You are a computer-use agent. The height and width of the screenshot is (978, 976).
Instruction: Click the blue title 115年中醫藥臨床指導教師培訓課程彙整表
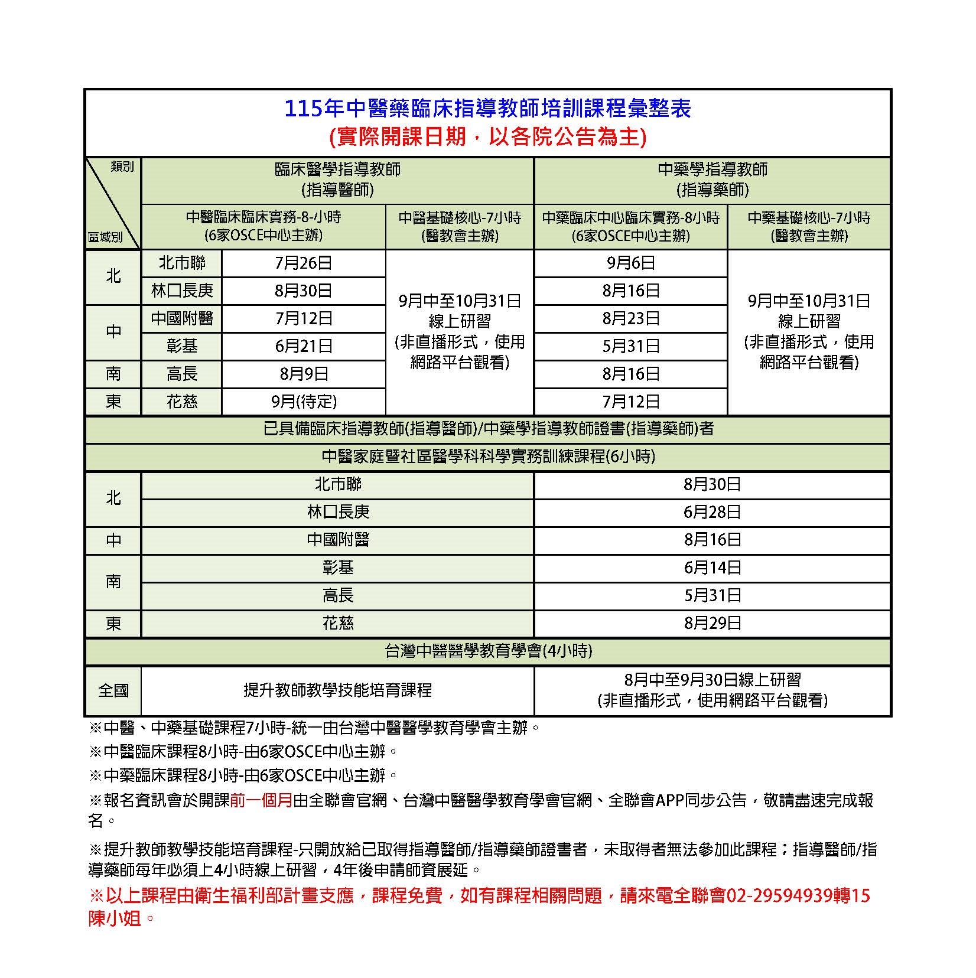(487, 109)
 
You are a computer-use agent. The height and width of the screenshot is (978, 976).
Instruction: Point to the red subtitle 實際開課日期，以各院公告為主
(487, 137)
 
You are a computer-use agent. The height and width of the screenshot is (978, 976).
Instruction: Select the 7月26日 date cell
(304, 263)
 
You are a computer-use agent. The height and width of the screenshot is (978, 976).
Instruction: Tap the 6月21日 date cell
(304, 346)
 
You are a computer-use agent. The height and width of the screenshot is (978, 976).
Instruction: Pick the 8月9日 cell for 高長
(304, 374)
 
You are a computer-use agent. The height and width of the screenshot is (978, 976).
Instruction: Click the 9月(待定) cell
(304, 402)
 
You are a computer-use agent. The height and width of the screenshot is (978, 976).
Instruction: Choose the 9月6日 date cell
(631, 263)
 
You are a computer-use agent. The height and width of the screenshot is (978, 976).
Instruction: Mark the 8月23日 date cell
(631, 318)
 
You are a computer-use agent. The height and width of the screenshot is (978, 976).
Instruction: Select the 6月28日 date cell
(712, 512)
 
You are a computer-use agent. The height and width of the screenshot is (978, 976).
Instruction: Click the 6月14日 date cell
(712, 568)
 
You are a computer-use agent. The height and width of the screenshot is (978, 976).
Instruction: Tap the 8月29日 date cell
(712, 623)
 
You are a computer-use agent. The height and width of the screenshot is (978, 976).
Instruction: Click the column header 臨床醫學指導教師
(337, 170)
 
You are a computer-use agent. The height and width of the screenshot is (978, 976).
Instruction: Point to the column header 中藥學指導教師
(713, 170)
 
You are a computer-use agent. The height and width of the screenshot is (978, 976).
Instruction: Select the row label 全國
(113, 690)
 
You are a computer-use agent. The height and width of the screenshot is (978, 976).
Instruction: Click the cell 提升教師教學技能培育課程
(337, 690)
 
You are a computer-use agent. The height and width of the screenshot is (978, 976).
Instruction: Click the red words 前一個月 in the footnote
(261, 800)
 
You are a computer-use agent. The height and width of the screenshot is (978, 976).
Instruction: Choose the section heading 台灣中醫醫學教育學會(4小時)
(487, 651)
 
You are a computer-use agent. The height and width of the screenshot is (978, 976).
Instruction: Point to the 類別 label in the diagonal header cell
(122, 167)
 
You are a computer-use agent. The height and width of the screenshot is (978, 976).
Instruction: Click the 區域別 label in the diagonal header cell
(105, 237)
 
